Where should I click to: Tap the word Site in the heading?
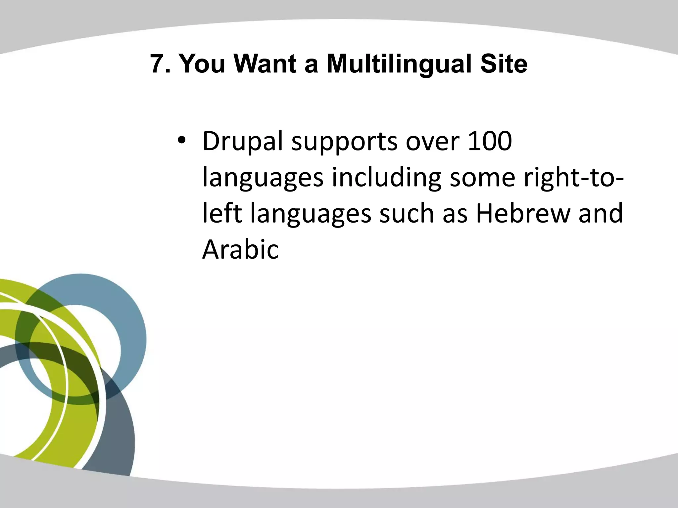tap(504, 64)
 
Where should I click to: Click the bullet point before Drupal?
tap(182, 141)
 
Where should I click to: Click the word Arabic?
tap(240, 249)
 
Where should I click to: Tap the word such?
tap(407, 213)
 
